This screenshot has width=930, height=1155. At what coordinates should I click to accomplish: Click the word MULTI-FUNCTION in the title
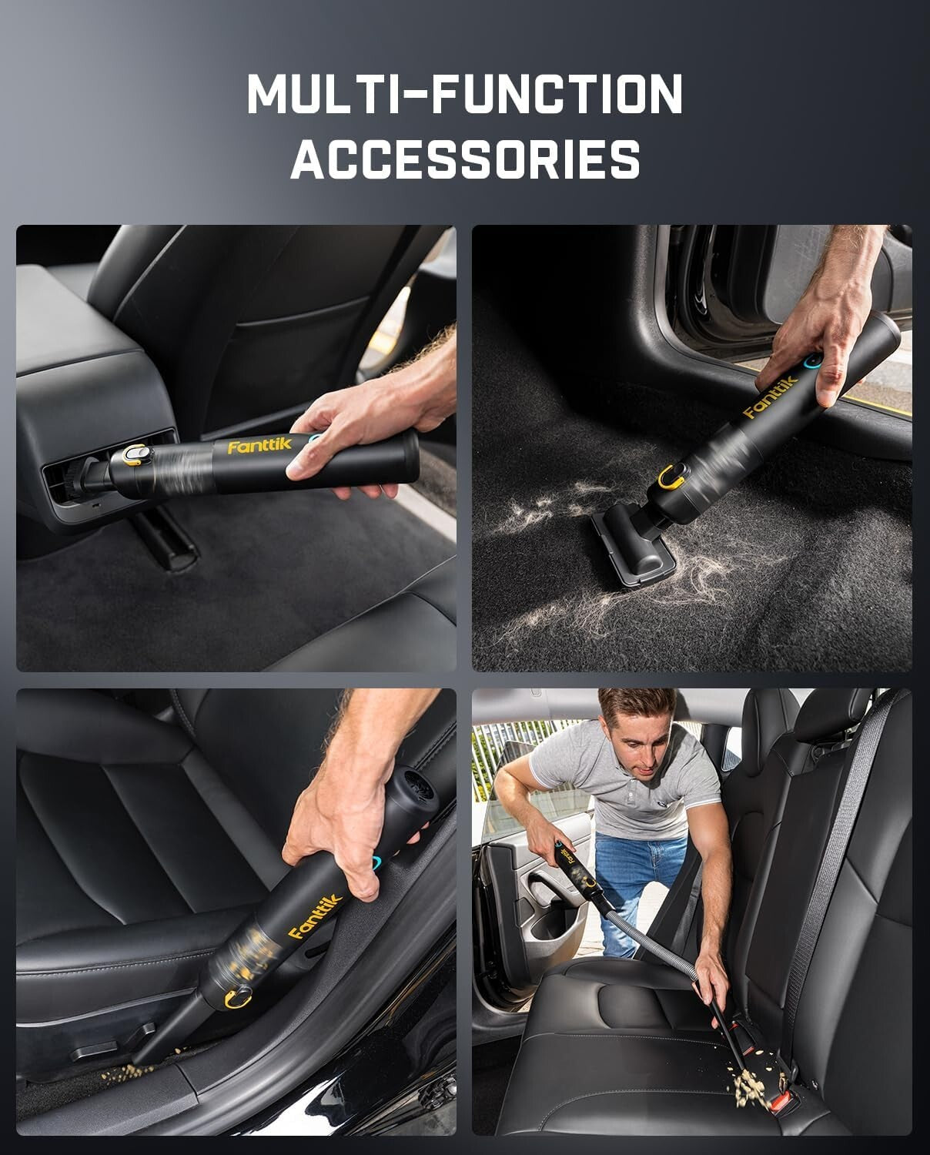pyautogui.click(x=465, y=94)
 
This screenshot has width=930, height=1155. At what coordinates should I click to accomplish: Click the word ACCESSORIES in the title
pyautogui.click(x=465, y=159)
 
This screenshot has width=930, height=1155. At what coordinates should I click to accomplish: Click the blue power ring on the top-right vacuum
pyautogui.click(x=808, y=360)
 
